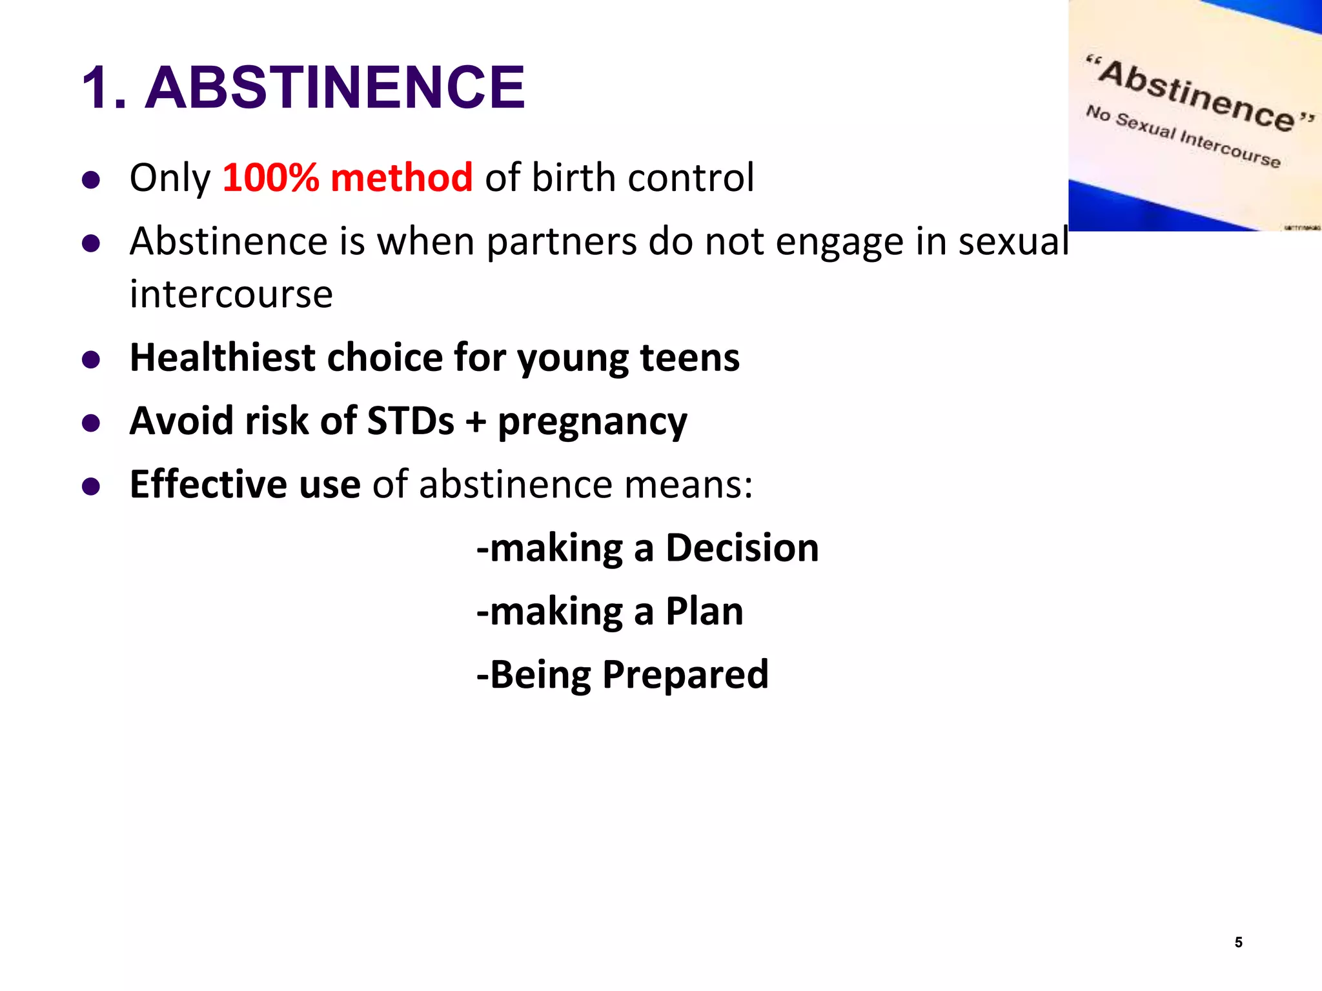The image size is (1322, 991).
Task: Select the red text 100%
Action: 270,177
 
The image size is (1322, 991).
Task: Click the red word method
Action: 402,177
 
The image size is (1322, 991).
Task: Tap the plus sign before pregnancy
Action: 476,422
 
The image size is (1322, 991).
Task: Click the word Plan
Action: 704,611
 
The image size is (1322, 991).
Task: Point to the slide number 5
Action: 1238,942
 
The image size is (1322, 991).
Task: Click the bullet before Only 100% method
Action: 91,179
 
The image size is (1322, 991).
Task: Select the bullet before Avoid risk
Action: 91,423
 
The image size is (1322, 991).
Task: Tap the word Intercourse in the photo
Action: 1230,148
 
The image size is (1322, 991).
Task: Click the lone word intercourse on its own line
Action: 231,294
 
